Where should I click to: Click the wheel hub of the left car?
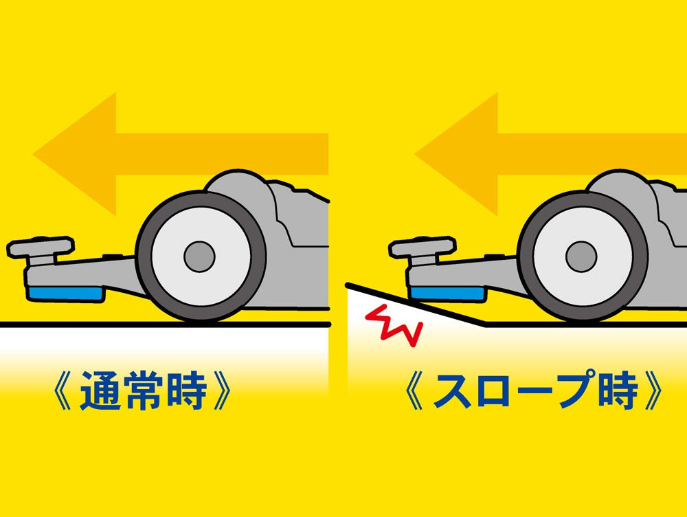(199, 256)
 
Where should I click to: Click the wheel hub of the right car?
(581, 256)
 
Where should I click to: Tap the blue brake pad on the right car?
(448, 294)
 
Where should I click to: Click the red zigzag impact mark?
(394, 324)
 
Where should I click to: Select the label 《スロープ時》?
(534, 390)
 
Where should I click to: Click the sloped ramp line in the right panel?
(416, 305)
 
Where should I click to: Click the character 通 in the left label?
(100, 390)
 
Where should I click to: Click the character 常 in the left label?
(143, 390)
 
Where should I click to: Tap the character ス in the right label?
(452, 390)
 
